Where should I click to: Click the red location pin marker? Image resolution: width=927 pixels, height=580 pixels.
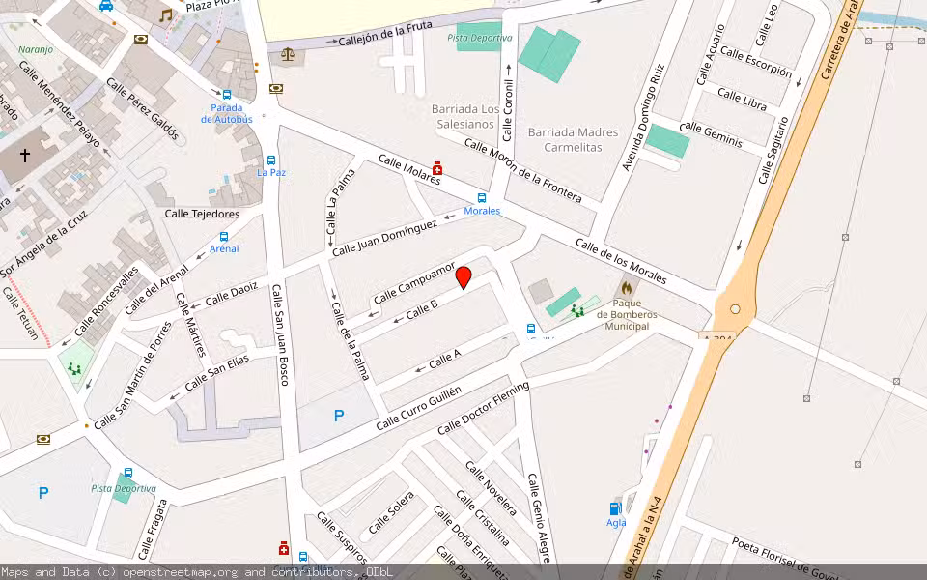point(463,276)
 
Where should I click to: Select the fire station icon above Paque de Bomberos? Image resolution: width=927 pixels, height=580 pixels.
point(626,288)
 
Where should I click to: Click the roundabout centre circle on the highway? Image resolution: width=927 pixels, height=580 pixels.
point(736,309)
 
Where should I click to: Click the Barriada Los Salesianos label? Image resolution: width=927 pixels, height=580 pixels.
point(465,116)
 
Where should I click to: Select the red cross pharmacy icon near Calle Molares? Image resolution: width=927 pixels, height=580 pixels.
point(437,167)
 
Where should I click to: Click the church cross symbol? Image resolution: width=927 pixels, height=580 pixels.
point(25,155)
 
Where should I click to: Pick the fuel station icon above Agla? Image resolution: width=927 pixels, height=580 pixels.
point(615,508)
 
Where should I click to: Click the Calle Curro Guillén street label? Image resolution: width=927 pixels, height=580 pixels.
point(419,407)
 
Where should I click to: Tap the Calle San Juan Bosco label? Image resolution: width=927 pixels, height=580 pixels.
point(280,333)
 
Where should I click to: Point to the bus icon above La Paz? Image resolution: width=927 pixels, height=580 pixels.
point(271,160)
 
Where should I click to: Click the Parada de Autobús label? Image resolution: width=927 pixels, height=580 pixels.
point(227,113)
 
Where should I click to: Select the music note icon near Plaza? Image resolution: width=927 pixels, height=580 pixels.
point(165,15)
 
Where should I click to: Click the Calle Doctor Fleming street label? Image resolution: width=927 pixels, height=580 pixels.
point(483,408)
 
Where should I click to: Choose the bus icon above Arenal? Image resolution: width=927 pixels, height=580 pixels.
point(224,236)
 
